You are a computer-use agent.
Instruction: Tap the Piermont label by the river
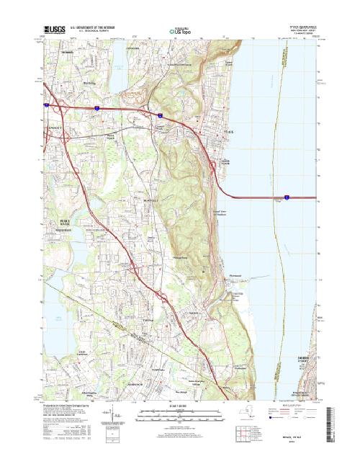point(239,275)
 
